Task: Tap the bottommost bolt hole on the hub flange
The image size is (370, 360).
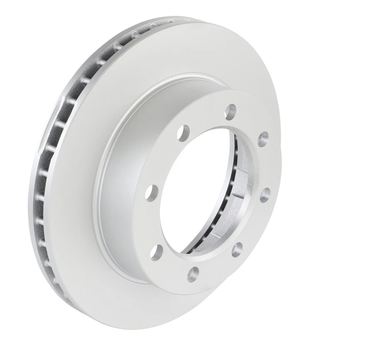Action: (193, 274)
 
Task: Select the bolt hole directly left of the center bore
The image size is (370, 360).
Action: (153, 191)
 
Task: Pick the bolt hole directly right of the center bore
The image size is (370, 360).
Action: (264, 195)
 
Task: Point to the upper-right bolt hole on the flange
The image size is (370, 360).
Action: (263, 139)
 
